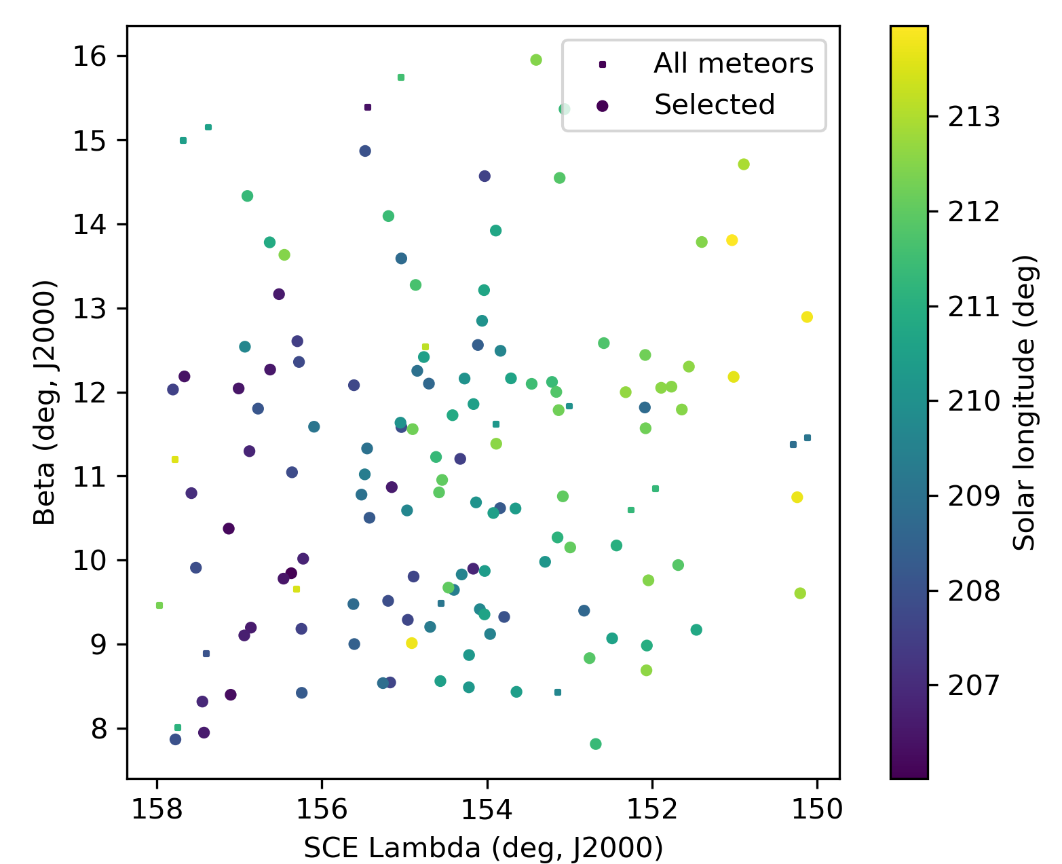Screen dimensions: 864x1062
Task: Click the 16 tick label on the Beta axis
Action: (90, 56)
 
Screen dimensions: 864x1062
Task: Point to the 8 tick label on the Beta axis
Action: (98, 729)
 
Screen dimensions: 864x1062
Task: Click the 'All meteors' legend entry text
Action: (733, 64)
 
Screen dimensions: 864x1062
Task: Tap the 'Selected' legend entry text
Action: (714, 105)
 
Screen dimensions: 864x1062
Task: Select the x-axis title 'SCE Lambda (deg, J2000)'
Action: (483, 848)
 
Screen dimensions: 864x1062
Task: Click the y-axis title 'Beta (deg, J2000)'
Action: (45, 402)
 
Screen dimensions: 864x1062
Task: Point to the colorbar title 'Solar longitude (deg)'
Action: (1025, 402)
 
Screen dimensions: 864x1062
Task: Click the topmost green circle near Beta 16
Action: (536, 60)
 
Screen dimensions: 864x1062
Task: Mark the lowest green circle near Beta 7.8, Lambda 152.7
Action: (596, 744)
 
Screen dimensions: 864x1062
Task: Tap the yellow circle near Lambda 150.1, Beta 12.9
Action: (807, 317)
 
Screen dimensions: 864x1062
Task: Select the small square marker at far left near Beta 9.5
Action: (159, 605)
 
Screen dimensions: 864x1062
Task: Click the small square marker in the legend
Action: (602, 64)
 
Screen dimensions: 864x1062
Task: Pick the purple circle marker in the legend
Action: (602, 105)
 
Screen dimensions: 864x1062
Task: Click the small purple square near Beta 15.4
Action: (368, 107)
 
